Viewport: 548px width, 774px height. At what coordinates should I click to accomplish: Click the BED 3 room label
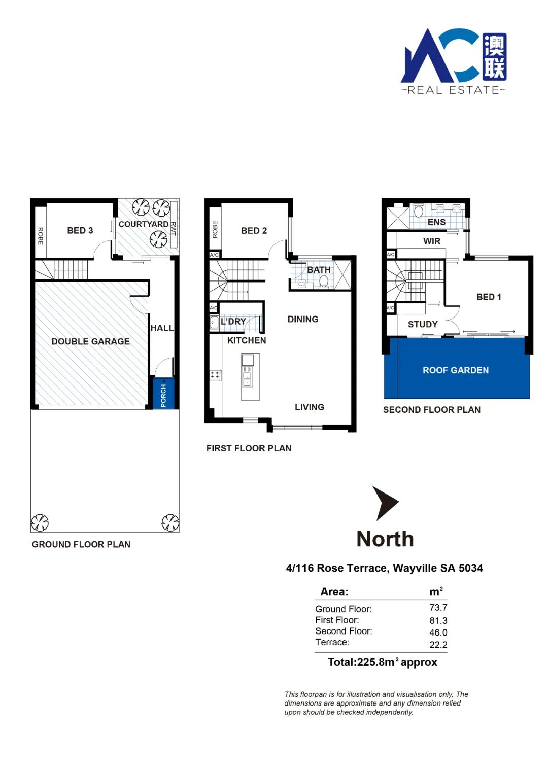click(80, 230)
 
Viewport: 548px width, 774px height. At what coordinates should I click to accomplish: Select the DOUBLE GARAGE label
click(91, 341)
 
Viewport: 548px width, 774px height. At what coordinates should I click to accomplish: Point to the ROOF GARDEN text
click(456, 370)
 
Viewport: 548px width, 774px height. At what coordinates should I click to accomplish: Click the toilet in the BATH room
click(324, 282)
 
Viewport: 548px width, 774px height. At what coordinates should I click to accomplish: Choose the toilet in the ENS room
click(418, 211)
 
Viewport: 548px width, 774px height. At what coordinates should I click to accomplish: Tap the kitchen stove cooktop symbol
click(215, 376)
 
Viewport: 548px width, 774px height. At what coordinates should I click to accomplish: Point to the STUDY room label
click(423, 324)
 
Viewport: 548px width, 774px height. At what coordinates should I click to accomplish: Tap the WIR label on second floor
click(432, 241)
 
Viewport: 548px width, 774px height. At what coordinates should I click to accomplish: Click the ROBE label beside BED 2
click(215, 229)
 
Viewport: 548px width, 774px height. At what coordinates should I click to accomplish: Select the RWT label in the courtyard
click(174, 229)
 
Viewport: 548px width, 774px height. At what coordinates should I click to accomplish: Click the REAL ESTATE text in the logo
click(453, 90)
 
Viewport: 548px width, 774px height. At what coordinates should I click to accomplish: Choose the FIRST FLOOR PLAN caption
click(249, 448)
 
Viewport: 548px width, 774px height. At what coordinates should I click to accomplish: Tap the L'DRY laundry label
click(233, 322)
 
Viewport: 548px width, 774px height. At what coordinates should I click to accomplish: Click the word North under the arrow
click(385, 539)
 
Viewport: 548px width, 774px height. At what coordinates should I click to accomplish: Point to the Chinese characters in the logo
click(494, 57)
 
